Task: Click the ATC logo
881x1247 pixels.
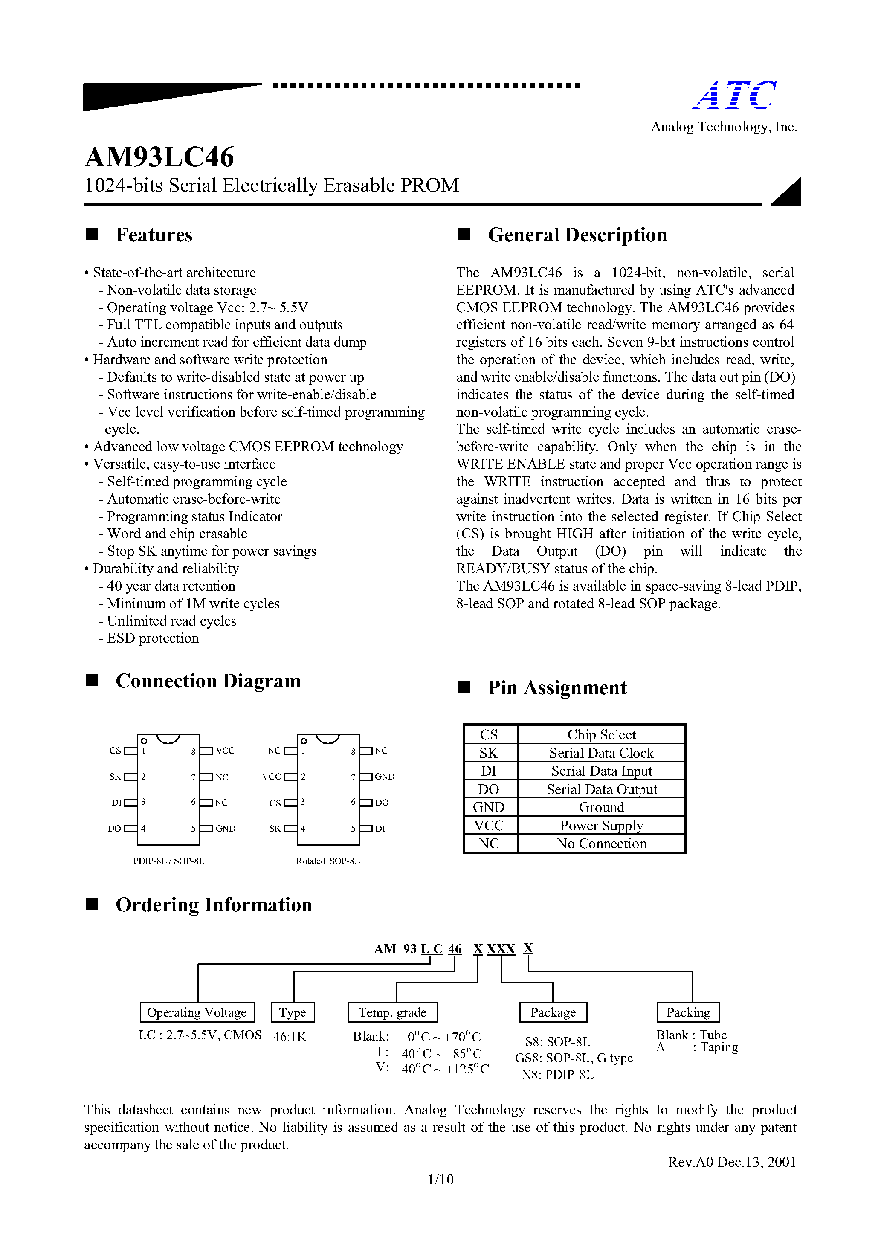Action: pos(735,96)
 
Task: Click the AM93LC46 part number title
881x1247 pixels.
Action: pos(159,157)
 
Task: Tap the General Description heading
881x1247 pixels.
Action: pos(577,235)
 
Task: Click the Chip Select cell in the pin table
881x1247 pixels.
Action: pos(601,735)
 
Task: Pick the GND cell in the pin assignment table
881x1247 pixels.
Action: pos(489,807)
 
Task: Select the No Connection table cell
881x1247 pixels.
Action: pos(601,844)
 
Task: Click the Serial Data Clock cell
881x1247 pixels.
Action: pos(601,753)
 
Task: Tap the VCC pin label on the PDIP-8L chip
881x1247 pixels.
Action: pos(225,751)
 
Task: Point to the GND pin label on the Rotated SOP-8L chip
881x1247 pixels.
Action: pos(385,777)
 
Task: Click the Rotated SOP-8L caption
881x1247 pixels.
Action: pos(327,861)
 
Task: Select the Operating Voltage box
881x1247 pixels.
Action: pos(197,1012)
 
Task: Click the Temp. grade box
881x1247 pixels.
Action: pos(392,1012)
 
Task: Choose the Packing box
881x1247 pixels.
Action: pos(688,1012)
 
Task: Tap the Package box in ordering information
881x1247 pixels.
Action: pos(553,1012)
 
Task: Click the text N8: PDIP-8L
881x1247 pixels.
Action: pos(557,1075)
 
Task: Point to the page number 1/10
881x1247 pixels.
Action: pos(440,1180)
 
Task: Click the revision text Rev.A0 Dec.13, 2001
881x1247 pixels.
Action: pos(732,1162)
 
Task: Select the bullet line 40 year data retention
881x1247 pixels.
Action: pos(171,586)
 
